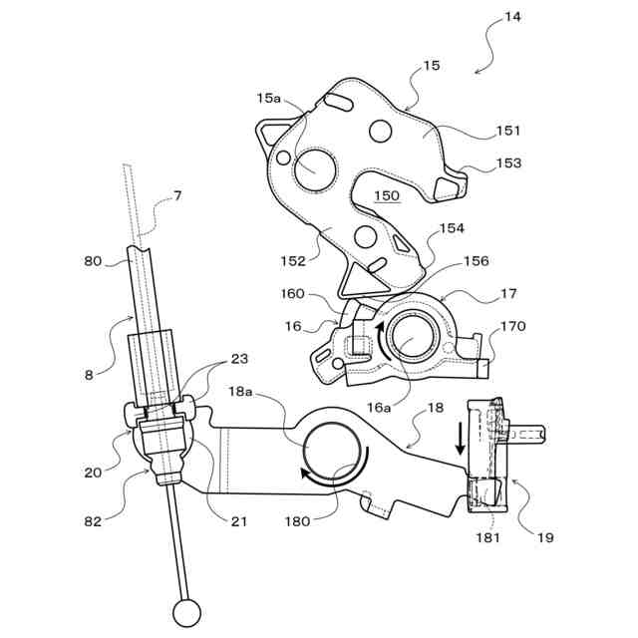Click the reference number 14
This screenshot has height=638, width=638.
(x=512, y=17)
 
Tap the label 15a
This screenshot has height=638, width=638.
(x=269, y=98)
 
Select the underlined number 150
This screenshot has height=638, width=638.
(x=386, y=197)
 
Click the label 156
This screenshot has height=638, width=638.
(x=477, y=262)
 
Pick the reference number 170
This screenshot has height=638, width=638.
(x=512, y=326)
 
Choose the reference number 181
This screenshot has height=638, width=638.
(x=487, y=537)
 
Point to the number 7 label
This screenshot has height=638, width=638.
(x=177, y=195)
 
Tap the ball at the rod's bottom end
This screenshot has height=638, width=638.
(x=186, y=610)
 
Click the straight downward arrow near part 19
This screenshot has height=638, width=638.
(x=461, y=437)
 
